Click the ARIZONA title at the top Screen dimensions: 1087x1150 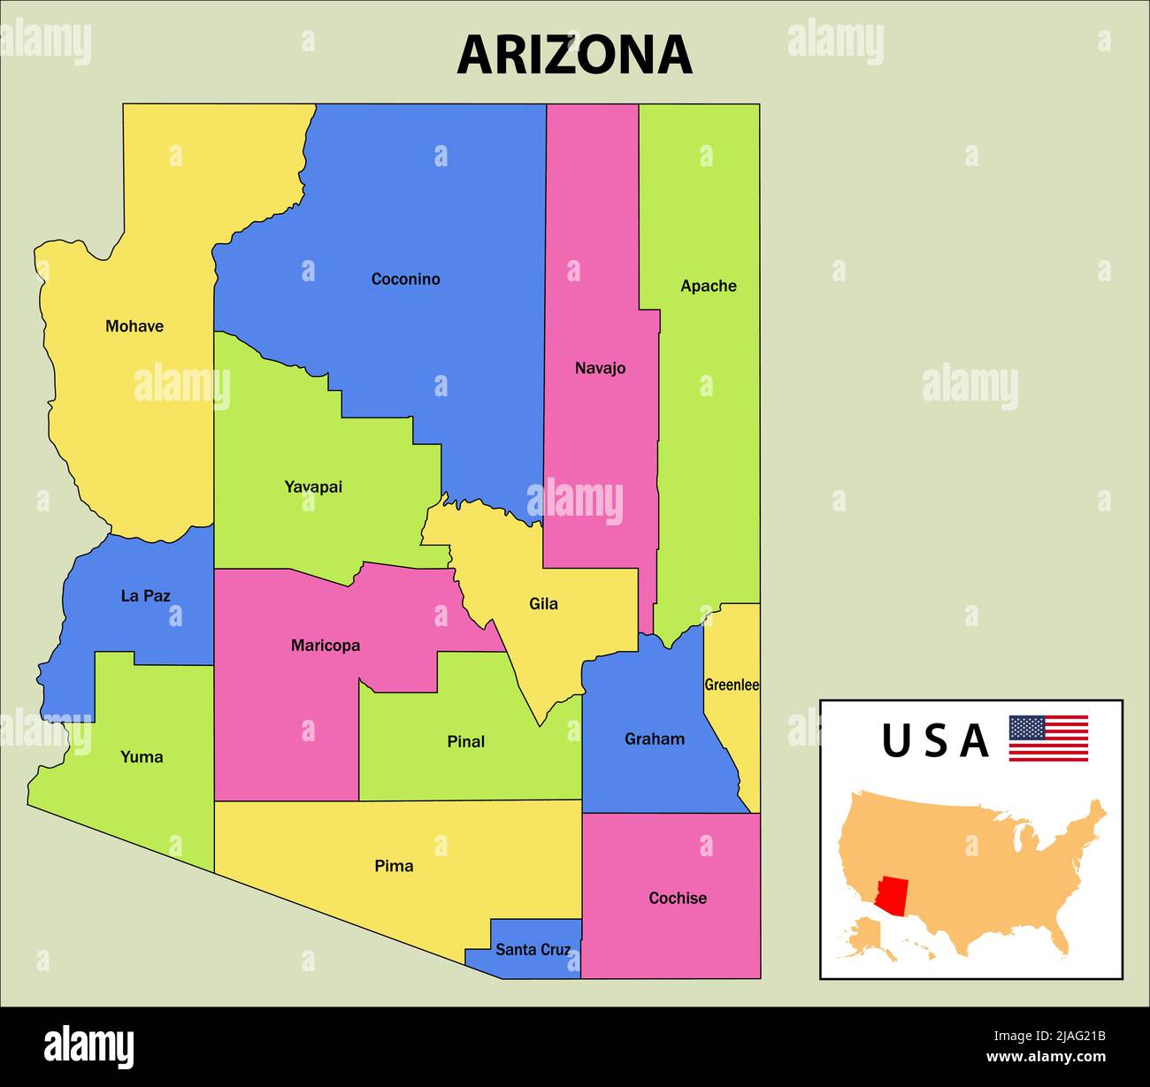point(574,55)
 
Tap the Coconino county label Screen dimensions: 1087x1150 point(405,279)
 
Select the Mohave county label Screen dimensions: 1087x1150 point(134,326)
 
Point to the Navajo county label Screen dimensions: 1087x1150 point(600,368)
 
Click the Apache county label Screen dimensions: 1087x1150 point(708,286)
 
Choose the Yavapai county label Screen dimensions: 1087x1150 point(313,486)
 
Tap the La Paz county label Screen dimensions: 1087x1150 point(145,596)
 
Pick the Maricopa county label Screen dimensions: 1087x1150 point(326,646)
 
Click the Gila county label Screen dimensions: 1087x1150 point(543,604)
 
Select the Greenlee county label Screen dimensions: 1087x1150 point(732,685)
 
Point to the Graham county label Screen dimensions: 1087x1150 point(655,739)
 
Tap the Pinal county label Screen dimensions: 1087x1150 point(465,741)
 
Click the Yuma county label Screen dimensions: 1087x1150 point(142,757)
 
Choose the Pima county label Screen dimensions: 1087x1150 point(394,866)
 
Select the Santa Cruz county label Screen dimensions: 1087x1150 point(533,950)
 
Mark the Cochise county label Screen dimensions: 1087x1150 point(678,899)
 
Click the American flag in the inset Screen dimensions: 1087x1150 point(1048,739)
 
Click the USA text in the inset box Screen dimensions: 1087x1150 point(934,741)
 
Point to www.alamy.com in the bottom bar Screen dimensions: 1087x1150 point(1046,1056)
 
